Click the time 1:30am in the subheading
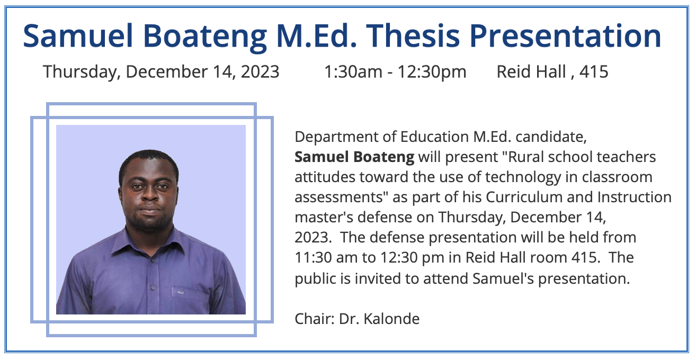pyautogui.click(x=353, y=72)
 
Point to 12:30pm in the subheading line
pyautogui.click(x=432, y=72)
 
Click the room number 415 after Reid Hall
pyautogui.click(x=593, y=72)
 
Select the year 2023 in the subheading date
pyautogui.click(x=260, y=72)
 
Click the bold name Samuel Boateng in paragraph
pyautogui.click(x=354, y=157)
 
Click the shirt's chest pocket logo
pyautogui.click(x=181, y=293)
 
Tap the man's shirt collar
pyautogui.click(x=151, y=243)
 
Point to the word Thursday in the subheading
pyautogui.click(x=82, y=72)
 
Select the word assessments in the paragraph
pyautogui.click(x=338, y=197)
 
